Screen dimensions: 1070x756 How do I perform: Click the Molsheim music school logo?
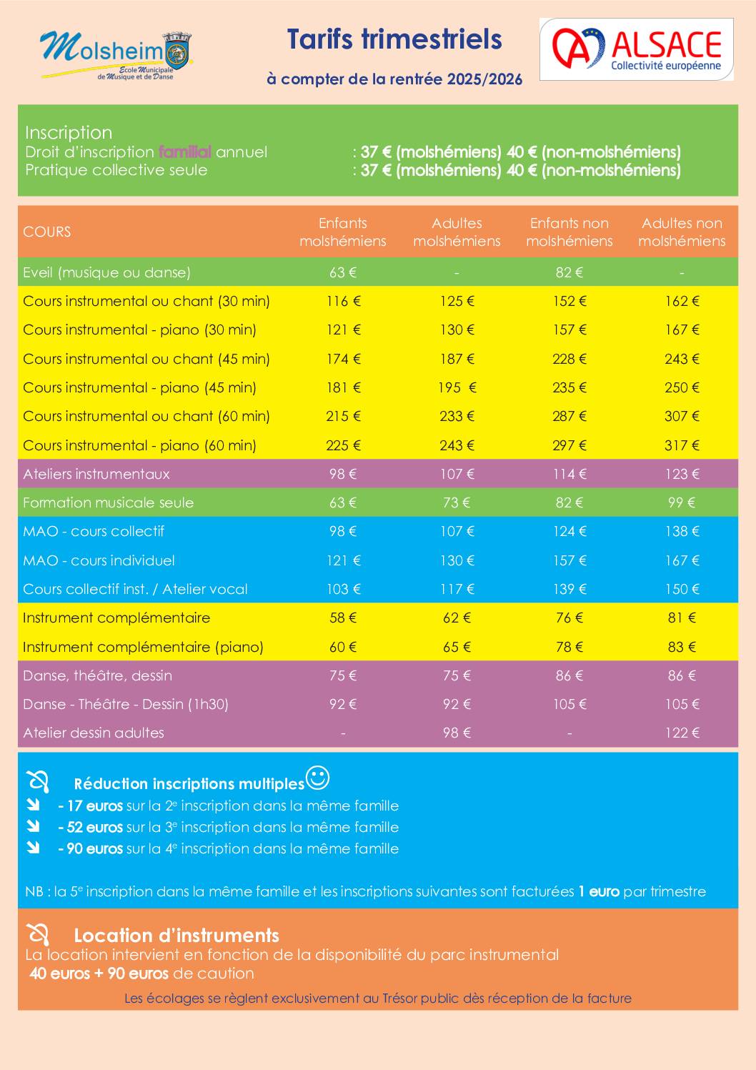tap(116, 54)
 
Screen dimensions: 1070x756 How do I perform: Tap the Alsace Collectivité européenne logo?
tap(636, 49)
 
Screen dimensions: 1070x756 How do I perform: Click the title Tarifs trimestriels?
tap(394, 40)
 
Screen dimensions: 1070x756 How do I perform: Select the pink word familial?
tap(184, 152)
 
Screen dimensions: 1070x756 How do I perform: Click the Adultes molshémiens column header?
tap(457, 232)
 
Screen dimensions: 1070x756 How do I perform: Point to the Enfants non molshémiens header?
tap(570, 232)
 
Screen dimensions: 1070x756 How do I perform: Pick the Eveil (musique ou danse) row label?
tap(106, 272)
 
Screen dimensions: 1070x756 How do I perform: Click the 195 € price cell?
tap(457, 387)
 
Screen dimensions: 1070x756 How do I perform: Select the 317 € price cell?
tap(682, 445)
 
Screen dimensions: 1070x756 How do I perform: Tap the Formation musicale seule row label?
tap(108, 502)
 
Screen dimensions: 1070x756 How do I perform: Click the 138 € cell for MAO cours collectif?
tap(682, 531)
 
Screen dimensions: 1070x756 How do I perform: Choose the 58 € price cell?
tap(343, 618)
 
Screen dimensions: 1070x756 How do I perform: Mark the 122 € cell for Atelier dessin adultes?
tap(682, 733)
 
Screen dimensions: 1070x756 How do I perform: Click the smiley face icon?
tap(318, 778)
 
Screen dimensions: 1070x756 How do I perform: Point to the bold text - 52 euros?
tap(91, 827)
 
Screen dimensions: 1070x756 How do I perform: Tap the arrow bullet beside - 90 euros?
tap(34, 848)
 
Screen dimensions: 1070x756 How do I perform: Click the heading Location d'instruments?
tap(176, 935)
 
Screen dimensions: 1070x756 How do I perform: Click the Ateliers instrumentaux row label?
tap(96, 474)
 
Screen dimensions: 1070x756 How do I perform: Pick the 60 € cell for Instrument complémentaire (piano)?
tap(343, 647)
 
